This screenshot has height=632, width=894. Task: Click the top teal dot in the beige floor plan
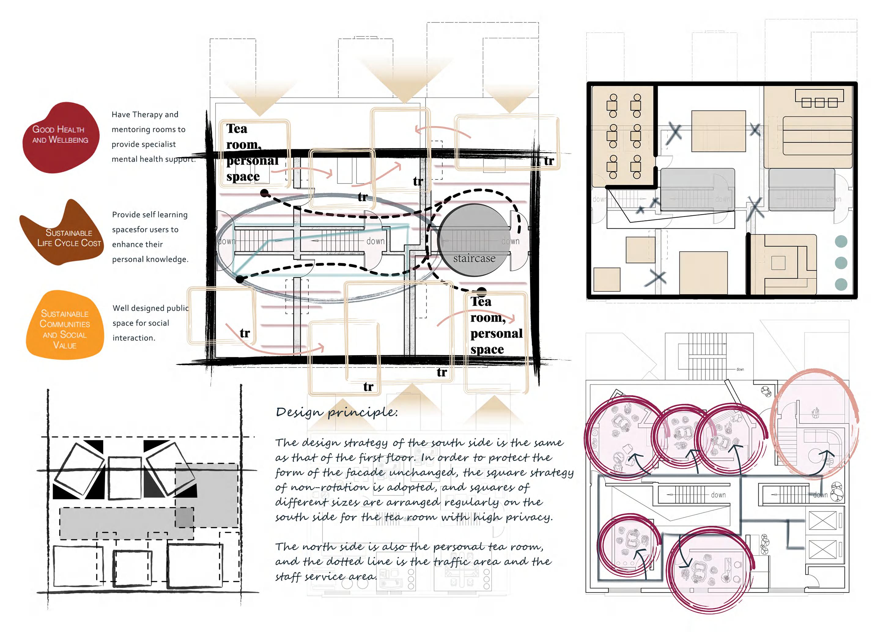pyautogui.click(x=841, y=242)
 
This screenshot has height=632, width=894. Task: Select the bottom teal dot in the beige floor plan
pyautogui.click(x=841, y=284)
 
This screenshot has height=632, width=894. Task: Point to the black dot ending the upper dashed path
pyautogui.click(x=264, y=192)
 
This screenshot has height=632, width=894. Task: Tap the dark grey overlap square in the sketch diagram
pyautogui.click(x=184, y=517)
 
